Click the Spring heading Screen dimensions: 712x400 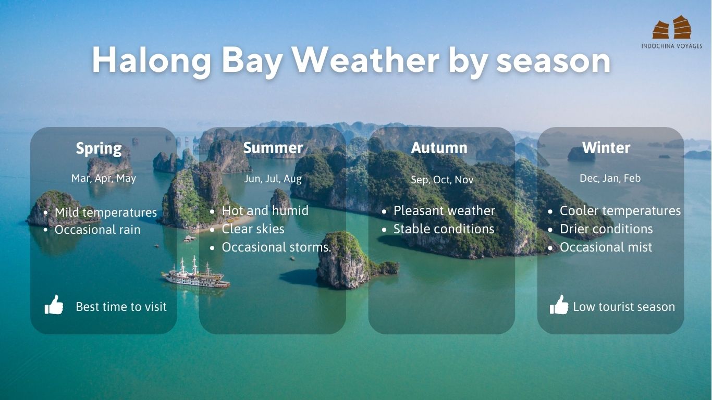pos(99,148)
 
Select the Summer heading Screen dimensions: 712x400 pos(273,148)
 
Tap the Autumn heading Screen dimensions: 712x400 pos(439,148)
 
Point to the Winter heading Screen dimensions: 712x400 pos(606,148)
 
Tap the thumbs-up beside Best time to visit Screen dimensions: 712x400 pos(54,305)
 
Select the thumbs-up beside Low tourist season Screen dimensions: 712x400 pos(559,305)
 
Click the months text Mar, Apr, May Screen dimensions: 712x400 pos(104,178)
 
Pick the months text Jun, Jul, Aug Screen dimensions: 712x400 pos(273,179)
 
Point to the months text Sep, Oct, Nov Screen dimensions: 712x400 pos(442,180)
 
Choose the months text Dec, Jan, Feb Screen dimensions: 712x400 pos(610,178)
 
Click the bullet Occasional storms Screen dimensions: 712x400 pos(277,247)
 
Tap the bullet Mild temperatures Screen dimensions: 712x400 pos(105,213)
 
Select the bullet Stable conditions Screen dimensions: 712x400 pos(444,229)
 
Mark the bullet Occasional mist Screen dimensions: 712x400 pos(606,247)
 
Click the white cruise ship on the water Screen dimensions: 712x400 pos(195,274)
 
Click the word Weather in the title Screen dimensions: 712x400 pos(365,60)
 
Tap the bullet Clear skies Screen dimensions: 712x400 pos(253,229)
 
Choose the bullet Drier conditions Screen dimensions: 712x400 pos(606,229)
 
